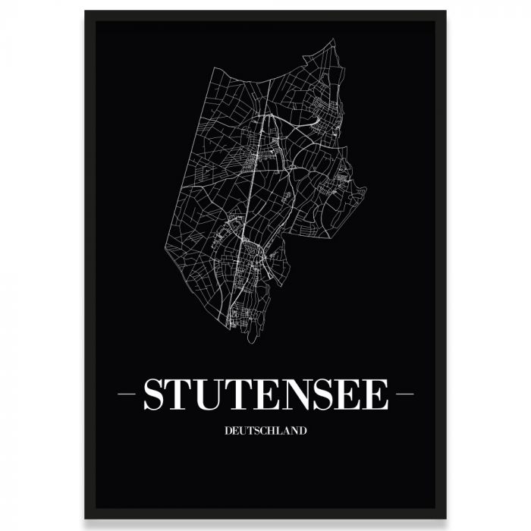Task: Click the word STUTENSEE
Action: click(x=265, y=395)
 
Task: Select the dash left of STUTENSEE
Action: click(x=128, y=394)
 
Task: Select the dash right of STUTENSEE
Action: click(x=403, y=394)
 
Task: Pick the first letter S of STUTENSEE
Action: click(x=155, y=395)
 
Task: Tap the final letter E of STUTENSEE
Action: click(x=376, y=395)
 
